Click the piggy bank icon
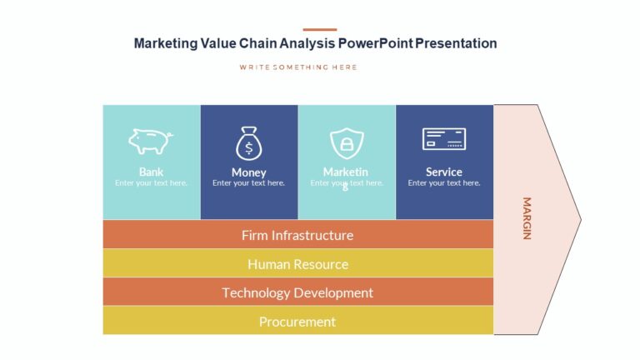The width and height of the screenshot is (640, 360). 151,141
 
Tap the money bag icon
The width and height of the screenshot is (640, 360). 248,143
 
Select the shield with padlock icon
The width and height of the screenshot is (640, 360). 346,143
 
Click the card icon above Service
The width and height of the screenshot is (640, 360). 444,139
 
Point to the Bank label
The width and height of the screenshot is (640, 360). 151,172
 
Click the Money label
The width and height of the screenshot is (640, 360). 248,172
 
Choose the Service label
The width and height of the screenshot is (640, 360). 444,172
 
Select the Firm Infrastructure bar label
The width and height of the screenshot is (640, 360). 297,235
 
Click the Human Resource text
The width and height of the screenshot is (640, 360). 297,264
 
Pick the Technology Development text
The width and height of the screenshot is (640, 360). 297,292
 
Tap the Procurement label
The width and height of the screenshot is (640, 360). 297,322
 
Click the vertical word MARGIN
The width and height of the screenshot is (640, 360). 527,218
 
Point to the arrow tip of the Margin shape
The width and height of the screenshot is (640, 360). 578,220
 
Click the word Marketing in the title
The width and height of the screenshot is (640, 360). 165,43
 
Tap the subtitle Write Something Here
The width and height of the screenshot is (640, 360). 297,67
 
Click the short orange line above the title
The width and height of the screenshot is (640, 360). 320,29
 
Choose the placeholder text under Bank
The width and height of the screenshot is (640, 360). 151,183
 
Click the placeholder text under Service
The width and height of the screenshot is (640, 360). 444,183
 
